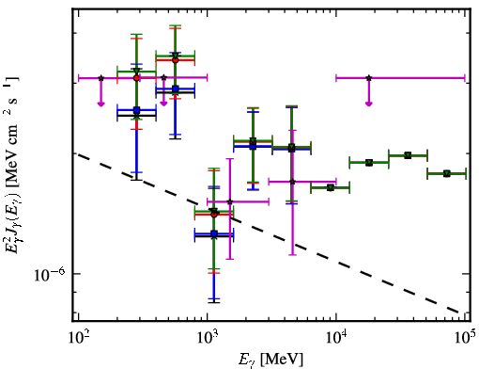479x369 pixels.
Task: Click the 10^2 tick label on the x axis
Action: (78, 337)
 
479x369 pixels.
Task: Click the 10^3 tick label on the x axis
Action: (207, 337)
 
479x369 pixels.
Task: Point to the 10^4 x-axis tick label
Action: (336, 337)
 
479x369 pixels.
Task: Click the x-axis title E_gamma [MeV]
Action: (270, 359)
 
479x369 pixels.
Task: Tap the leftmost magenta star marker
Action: (100, 78)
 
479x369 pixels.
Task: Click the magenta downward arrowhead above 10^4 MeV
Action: (369, 104)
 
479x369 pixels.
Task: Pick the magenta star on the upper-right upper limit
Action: (369, 78)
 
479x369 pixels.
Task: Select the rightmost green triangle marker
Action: (447, 173)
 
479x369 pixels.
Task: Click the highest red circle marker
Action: (176, 60)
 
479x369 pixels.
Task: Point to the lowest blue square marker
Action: (214, 233)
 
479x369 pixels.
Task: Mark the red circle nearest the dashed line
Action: (214, 215)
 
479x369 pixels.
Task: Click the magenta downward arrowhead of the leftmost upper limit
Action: (100, 104)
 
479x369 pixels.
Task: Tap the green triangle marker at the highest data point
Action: (176, 56)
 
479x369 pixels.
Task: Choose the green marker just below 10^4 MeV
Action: (330, 187)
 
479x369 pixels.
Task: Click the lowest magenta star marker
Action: (230, 201)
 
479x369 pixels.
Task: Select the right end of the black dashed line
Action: (459, 313)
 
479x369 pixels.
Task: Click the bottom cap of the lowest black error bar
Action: (214, 302)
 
